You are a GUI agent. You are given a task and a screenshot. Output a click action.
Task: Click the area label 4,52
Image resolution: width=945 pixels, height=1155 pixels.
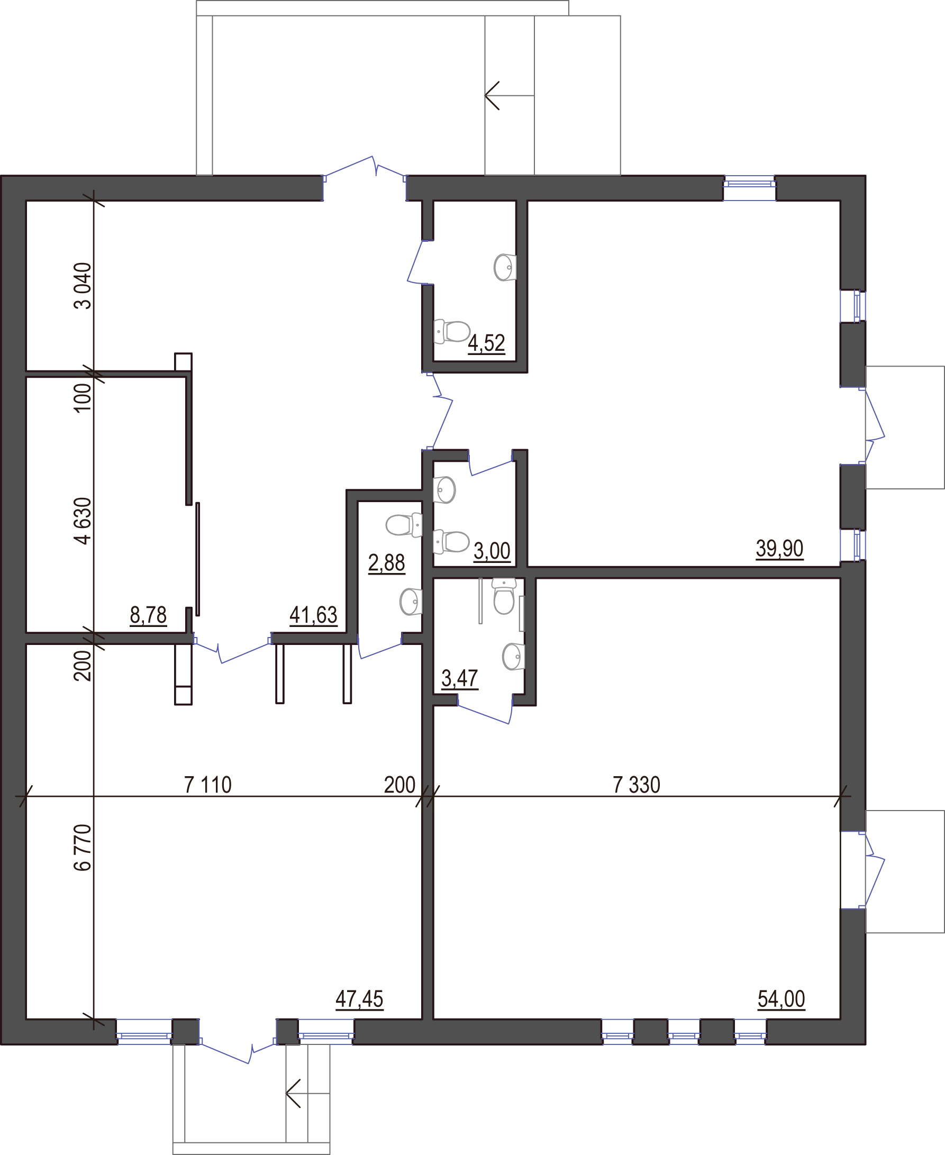point(486,343)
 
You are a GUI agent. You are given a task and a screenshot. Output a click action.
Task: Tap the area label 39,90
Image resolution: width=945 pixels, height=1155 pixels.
point(779,549)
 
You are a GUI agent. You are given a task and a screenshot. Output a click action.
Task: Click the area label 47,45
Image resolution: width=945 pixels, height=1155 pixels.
point(359,999)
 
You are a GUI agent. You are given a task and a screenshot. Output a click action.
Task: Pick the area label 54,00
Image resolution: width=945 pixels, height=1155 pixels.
point(781,999)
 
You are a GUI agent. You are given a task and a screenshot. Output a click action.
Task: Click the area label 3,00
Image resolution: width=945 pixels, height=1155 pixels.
point(492,551)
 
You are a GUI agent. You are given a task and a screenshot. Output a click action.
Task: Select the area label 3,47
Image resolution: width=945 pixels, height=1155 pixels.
point(459,679)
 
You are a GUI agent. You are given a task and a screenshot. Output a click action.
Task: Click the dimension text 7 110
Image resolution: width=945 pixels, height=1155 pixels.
point(207,785)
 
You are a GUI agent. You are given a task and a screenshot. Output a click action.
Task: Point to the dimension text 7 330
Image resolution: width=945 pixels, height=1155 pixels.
point(637,785)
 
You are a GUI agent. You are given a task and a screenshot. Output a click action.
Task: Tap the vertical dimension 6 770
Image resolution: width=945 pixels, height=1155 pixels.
point(82,848)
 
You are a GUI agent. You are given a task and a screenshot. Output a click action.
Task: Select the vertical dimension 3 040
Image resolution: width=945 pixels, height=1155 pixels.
point(82,286)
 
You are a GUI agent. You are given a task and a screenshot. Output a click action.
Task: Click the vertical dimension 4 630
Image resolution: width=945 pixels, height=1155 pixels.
point(82,521)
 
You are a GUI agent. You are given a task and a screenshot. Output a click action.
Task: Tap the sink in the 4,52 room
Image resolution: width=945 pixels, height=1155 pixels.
point(505,267)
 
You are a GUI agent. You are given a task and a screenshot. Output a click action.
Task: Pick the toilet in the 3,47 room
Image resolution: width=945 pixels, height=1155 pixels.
point(504,596)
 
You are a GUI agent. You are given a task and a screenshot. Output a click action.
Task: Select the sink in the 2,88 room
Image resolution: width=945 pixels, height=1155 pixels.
point(411,602)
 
